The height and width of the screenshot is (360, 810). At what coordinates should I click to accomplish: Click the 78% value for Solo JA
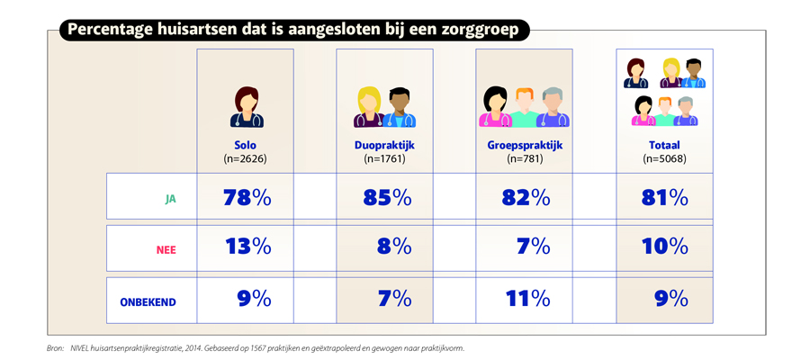point(246,197)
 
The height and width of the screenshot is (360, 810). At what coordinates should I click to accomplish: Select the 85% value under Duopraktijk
point(387,197)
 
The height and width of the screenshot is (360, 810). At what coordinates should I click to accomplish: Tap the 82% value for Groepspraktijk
point(526,197)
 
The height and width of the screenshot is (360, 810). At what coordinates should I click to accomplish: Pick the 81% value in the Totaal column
point(664,197)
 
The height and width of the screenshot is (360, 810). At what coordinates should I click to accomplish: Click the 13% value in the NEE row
point(246,247)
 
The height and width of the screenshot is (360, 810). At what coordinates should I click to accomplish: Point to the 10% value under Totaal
point(664,247)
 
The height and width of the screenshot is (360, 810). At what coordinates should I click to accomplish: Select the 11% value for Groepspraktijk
point(526,298)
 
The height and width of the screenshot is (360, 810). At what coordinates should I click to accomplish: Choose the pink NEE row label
point(166,248)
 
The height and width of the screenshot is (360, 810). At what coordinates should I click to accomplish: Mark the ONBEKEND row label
point(148,302)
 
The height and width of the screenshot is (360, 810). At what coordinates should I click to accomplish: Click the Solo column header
point(246,145)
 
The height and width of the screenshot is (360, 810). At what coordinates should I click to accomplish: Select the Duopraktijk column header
point(384,145)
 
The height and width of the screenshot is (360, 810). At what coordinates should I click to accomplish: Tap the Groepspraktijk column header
point(523,145)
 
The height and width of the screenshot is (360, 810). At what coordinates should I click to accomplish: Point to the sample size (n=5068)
point(664,158)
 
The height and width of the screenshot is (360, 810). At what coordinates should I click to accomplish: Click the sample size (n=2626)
point(246,158)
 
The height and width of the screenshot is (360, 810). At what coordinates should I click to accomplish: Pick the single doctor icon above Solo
point(245,107)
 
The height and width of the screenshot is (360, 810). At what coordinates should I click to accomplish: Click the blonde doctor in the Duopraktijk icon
point(369,107)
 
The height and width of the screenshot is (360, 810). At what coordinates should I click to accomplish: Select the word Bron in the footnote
point(55,348)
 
